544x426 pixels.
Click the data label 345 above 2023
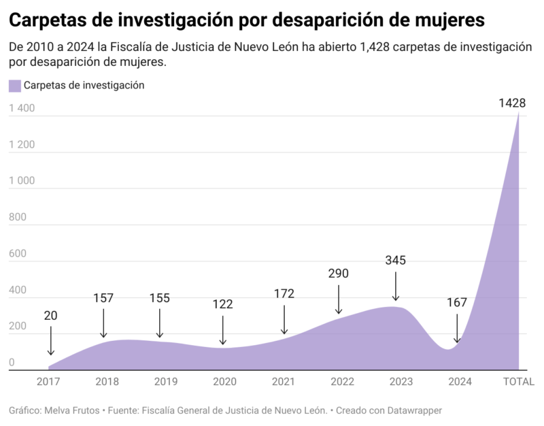(x=396, y=260)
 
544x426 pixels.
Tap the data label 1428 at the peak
(x=512, y=103)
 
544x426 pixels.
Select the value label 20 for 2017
(x=51, y=316)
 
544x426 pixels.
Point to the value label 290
(x=338, y=274)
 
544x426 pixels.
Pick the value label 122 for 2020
(x=222, y=304)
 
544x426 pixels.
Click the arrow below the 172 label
(x=284, y=320)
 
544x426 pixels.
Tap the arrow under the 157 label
(x=103, y=323)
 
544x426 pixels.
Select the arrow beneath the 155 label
(x=160, y=323)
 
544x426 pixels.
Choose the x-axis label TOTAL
(x=518, y=382)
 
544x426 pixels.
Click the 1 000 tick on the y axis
(x=22, y=181)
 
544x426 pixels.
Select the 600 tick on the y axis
(x=17, y=254)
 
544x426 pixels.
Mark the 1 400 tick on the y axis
(x=22, y=108)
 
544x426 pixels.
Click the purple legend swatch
(x=15, y=86)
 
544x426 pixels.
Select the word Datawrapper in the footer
(x=411, y=411)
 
